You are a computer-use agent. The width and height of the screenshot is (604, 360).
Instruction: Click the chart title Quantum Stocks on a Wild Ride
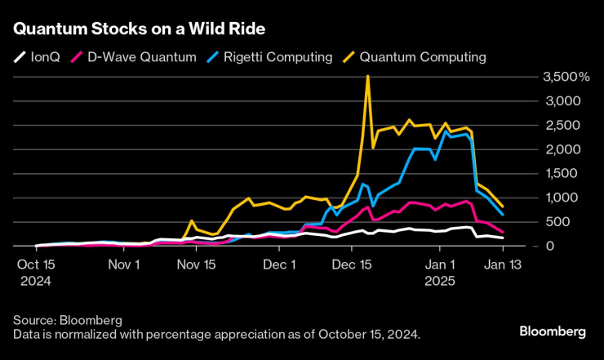pyautogui.click(x=138, y=29)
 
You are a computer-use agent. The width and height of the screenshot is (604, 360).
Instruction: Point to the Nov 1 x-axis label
pyautogui.click(x=125, y=265)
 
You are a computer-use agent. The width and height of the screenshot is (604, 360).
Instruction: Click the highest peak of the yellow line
pyautogui.click(x=368, y=76)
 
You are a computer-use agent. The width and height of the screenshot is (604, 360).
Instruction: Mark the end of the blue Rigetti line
pyautogui.click(x=502, y=215)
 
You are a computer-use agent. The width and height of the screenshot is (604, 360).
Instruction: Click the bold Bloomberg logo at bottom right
pyautogui.click(x=553, y=331)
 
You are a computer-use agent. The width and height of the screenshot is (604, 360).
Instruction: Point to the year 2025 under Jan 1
pyautogui.click(x=441, y=280)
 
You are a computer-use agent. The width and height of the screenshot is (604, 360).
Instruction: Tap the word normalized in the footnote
pyautogui.click(x=80, y=335)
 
